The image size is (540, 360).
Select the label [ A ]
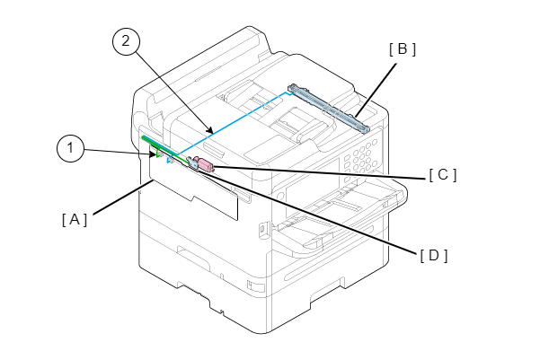75,218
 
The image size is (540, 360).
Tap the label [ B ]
402,50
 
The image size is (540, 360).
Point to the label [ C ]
442,175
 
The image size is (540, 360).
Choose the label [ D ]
433,255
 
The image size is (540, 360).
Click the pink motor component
203,164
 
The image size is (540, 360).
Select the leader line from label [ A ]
121,198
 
